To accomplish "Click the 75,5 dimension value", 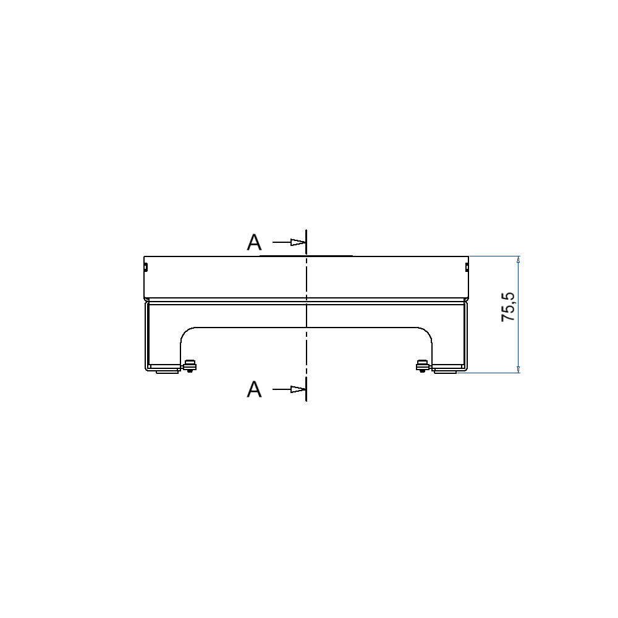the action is (x=509, y=307).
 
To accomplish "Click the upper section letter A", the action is (x=254, y=242).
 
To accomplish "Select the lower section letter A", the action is (x=254, y=389).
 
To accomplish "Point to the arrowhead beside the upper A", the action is (x=298, y=242).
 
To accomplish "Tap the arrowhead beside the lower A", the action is (x=298, y=389).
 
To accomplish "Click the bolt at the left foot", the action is (x=190, y=366).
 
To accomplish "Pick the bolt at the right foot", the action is (x=423, y=366).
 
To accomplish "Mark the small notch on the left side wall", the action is (x=145, y=268).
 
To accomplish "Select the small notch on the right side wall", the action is (x=467, y=268).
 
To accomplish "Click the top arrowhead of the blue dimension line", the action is (x=519, y=260).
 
